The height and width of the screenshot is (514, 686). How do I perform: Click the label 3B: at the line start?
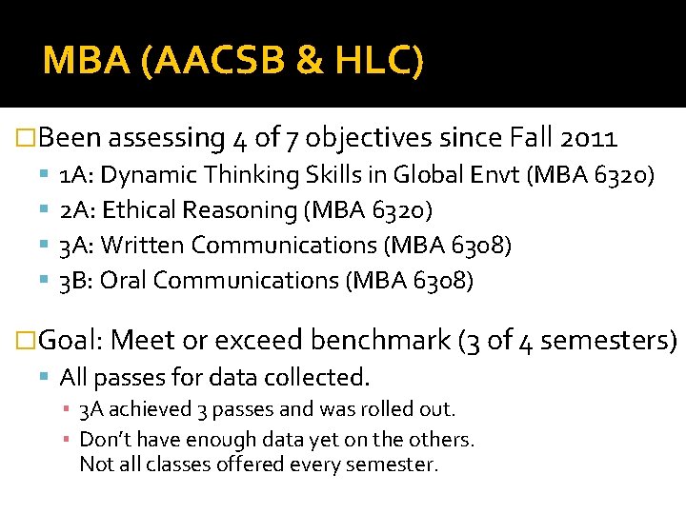click(x=76, y=281)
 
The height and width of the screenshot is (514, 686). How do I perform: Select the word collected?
click(x=321, y=378)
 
